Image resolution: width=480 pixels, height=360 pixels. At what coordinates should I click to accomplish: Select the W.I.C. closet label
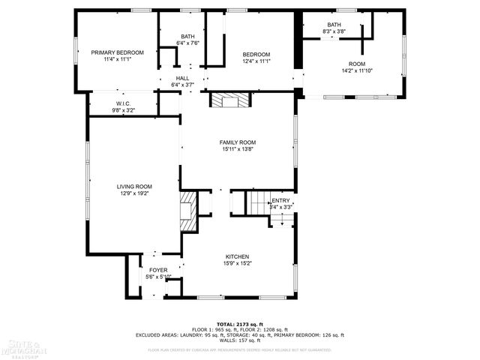click(x=124, y=103)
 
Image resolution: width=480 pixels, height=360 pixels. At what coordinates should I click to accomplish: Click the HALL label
click(x=182, y=78)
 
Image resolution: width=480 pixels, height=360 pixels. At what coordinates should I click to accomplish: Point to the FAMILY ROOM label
click(x=238, y=142)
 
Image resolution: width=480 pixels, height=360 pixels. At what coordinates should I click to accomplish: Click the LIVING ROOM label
click(x=134, y=187)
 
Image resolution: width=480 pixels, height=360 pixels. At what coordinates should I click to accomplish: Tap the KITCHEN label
click(x=238, y=256)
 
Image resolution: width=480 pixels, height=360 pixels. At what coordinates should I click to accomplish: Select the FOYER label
click(x=158, y=270)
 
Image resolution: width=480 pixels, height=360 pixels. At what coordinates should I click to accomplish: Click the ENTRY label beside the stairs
click(x=280, y=200)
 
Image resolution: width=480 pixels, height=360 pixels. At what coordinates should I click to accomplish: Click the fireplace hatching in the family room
click(x=231, y=100)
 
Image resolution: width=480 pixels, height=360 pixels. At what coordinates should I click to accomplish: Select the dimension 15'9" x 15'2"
click(x=238, y=263)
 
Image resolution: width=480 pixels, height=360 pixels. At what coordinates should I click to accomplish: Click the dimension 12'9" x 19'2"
click(x=134, y=193)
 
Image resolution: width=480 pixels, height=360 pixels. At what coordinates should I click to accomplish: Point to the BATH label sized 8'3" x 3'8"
click(x=334, y=25)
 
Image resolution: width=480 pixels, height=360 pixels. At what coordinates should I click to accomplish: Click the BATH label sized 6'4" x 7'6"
click(x=187, y=37)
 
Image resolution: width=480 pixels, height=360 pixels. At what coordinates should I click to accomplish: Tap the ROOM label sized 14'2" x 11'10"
click(x=357, y=64)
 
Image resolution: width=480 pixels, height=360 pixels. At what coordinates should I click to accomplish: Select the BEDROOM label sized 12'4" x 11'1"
click(x=256, y=54)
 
